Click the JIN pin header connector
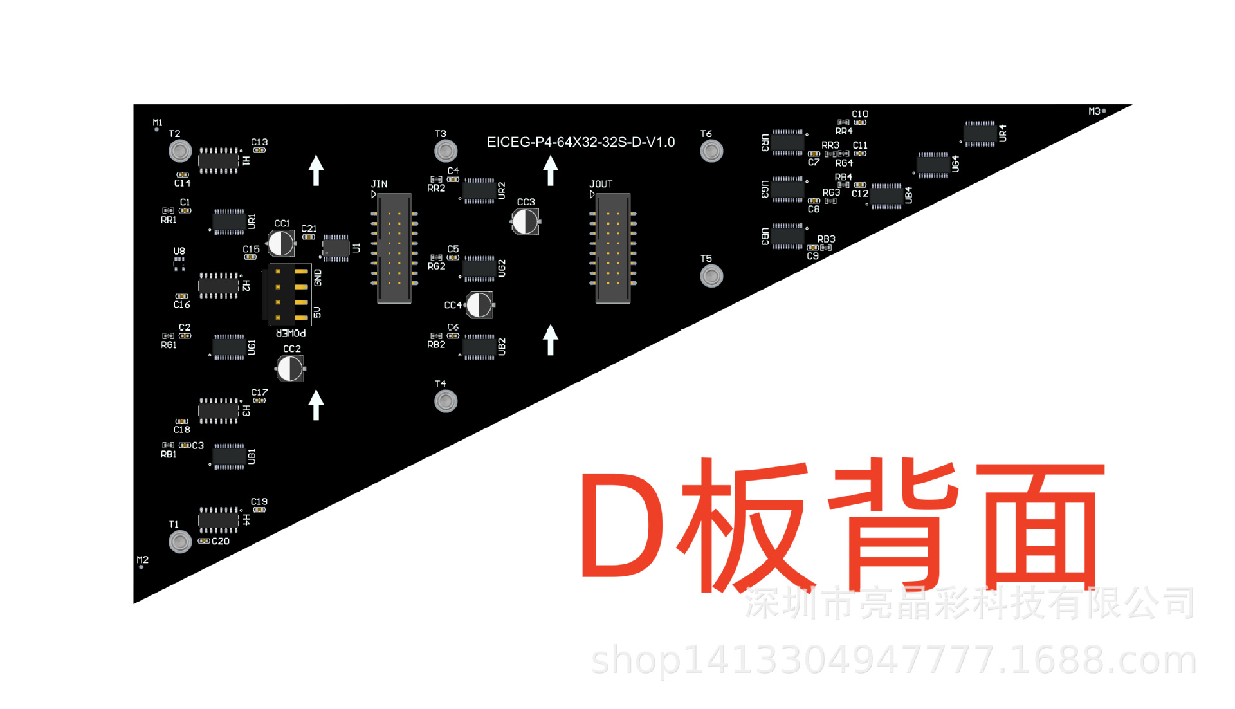coord(394,248)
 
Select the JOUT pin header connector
coord(612,248)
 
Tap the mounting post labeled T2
coord(180,151)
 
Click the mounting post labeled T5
coord(711,276)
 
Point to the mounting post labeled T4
coord(446,401)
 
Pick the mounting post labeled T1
coord(180,542)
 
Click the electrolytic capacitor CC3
coord(526,222)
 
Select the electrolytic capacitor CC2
coord(290,369)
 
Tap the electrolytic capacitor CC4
coord(479,305)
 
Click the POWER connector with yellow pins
coord(288,294)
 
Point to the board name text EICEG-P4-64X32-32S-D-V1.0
coord(580,142)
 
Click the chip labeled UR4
coord(980,133)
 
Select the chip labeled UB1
coord(229,456)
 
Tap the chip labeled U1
coord(335,248)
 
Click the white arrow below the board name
coord(551,170)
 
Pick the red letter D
coord(621,524)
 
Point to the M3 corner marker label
coord(1094,111)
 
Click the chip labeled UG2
coord(479,268)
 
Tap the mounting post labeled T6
coord(711,151)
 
